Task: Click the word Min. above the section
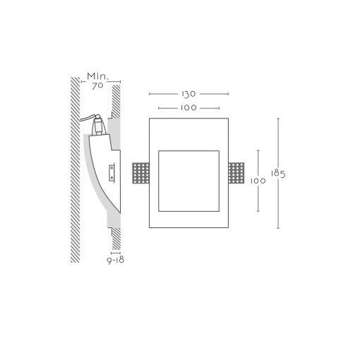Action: point(98,76)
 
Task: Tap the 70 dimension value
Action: point(97,86)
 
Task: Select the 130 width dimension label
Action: point(188,94)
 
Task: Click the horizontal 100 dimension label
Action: point(188,108)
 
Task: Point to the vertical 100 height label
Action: point(258,181)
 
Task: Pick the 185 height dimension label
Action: point(278,174)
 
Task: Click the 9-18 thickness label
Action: point(116,260)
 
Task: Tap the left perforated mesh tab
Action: point(140,173)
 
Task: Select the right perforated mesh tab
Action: point(236,173)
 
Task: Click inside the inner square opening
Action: point(188,181)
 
